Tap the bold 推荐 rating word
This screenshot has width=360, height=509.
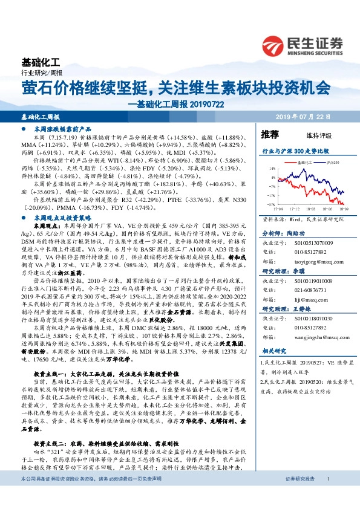270,134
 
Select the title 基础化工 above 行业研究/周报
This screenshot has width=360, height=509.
41,62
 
